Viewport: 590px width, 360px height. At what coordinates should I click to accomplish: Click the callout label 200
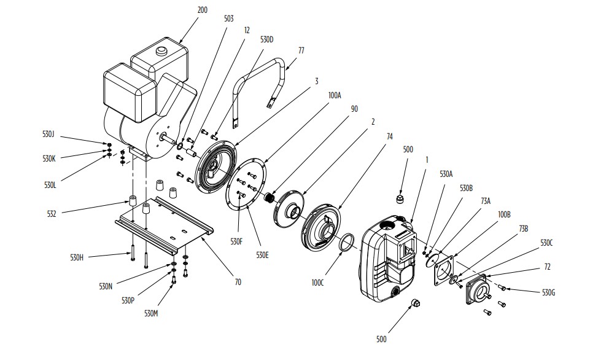coord(203,10)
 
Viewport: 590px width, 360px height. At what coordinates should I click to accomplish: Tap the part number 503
coord(229,19)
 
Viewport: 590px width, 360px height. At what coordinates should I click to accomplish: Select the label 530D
coord(267,39)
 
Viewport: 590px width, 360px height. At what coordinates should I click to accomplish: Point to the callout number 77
coord(301,50)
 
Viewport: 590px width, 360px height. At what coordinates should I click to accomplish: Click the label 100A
coord(335,96)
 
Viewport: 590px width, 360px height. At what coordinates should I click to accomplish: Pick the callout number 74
coord(389,137)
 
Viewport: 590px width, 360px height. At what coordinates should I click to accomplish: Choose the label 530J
coord(49,134)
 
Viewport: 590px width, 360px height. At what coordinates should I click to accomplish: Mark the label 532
coord(52,214)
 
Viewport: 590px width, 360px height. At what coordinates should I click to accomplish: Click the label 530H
coord(77,257)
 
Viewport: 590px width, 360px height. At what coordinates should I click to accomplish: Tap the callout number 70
coord(238,282)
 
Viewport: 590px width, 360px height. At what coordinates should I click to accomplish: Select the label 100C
coord(317,283)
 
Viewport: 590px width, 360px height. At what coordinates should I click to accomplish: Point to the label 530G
coord(549,292)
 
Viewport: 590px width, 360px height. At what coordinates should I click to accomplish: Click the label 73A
coord(486,201)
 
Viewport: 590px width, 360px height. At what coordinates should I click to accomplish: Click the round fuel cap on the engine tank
coord(162,50)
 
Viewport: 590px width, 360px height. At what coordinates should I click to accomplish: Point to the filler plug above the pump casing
coord(400,199)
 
